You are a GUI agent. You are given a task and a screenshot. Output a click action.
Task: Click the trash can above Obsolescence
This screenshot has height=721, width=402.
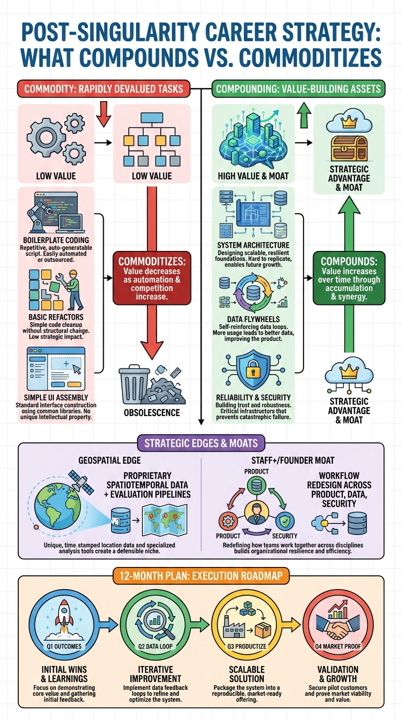click(x=134, y=384)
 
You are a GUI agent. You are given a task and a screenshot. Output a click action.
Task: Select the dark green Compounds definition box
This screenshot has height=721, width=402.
click(x=349, y=278)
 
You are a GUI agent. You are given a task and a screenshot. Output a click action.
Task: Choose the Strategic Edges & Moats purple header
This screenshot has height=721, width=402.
click(x=201, y=443)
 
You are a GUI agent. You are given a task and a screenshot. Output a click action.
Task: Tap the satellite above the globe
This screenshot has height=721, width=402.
click(x=81, y=482)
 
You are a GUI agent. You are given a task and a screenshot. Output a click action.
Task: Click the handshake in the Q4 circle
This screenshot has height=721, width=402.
click(x=338, y=627)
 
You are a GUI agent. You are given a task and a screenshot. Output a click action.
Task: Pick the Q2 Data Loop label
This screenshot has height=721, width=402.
click(x=155, y=646)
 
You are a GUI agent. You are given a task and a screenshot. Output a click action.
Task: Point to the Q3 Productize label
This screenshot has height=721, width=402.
click(x=247, y=646)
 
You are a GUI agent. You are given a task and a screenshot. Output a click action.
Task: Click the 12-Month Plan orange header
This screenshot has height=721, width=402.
click(x=201, y=575)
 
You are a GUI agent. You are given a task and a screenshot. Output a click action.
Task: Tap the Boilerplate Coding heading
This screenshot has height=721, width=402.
click(x=56, y=241)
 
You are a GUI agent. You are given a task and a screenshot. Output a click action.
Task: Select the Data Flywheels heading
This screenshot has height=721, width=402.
click(x=253, y=319)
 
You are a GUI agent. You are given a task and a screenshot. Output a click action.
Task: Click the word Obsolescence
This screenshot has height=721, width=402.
click(x=152, y=413)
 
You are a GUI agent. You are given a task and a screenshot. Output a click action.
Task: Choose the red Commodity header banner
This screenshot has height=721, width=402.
click(x=104, y=89)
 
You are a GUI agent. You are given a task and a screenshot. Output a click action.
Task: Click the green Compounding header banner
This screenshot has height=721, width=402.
click(x=298, y=89)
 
